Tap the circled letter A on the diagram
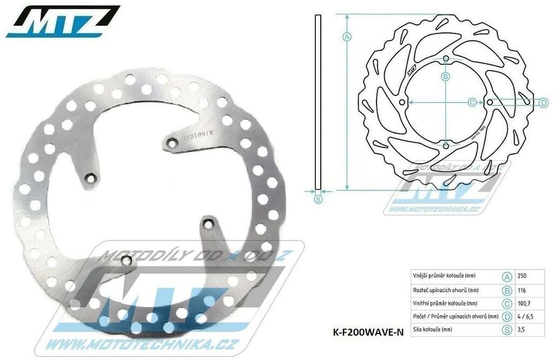[347, 37]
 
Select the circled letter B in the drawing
[446, 77]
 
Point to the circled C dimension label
[471, 102]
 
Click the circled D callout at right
[544, 102]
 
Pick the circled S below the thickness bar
[318, 200]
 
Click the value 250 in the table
[522, 276]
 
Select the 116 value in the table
[522, 290]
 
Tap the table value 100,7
[523, 303]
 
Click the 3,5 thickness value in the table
[522, 329]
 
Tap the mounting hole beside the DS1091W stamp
[172, 142]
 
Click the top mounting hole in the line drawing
[445, 58]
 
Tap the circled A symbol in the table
[507, 276]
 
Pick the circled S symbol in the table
[507, 329]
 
